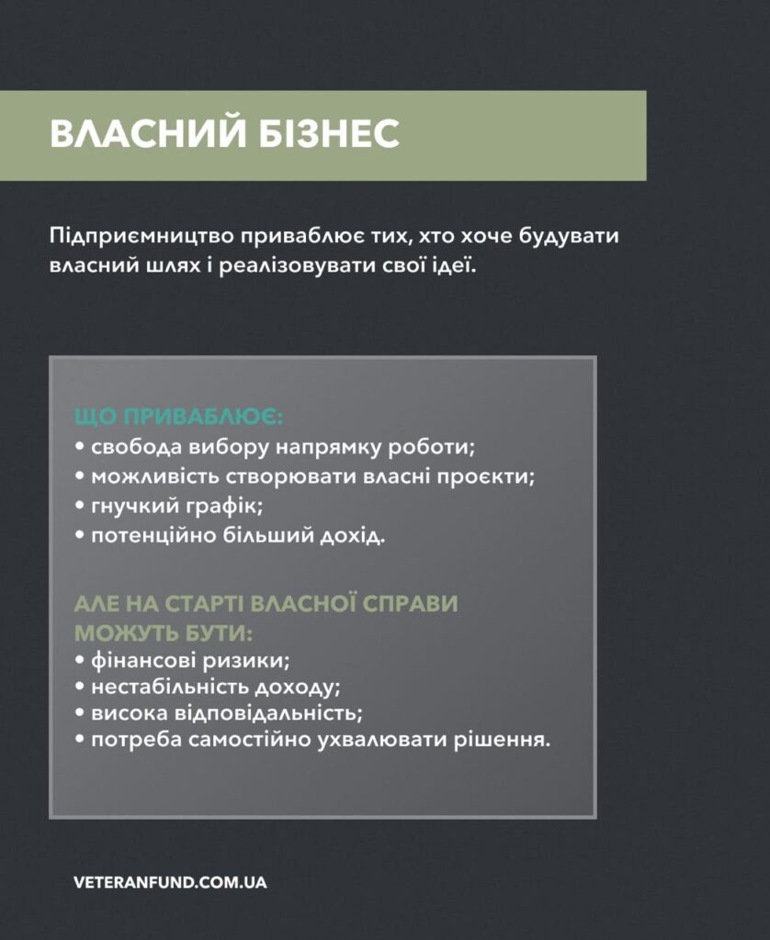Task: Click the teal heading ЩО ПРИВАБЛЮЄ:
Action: point(178,417)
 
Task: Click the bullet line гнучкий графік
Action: point(169,506)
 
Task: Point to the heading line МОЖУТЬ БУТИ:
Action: point(164,633)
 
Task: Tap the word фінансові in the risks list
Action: point(142,661)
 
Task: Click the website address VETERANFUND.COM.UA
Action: point(170,882)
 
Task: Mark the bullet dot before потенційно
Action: point(79,535)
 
